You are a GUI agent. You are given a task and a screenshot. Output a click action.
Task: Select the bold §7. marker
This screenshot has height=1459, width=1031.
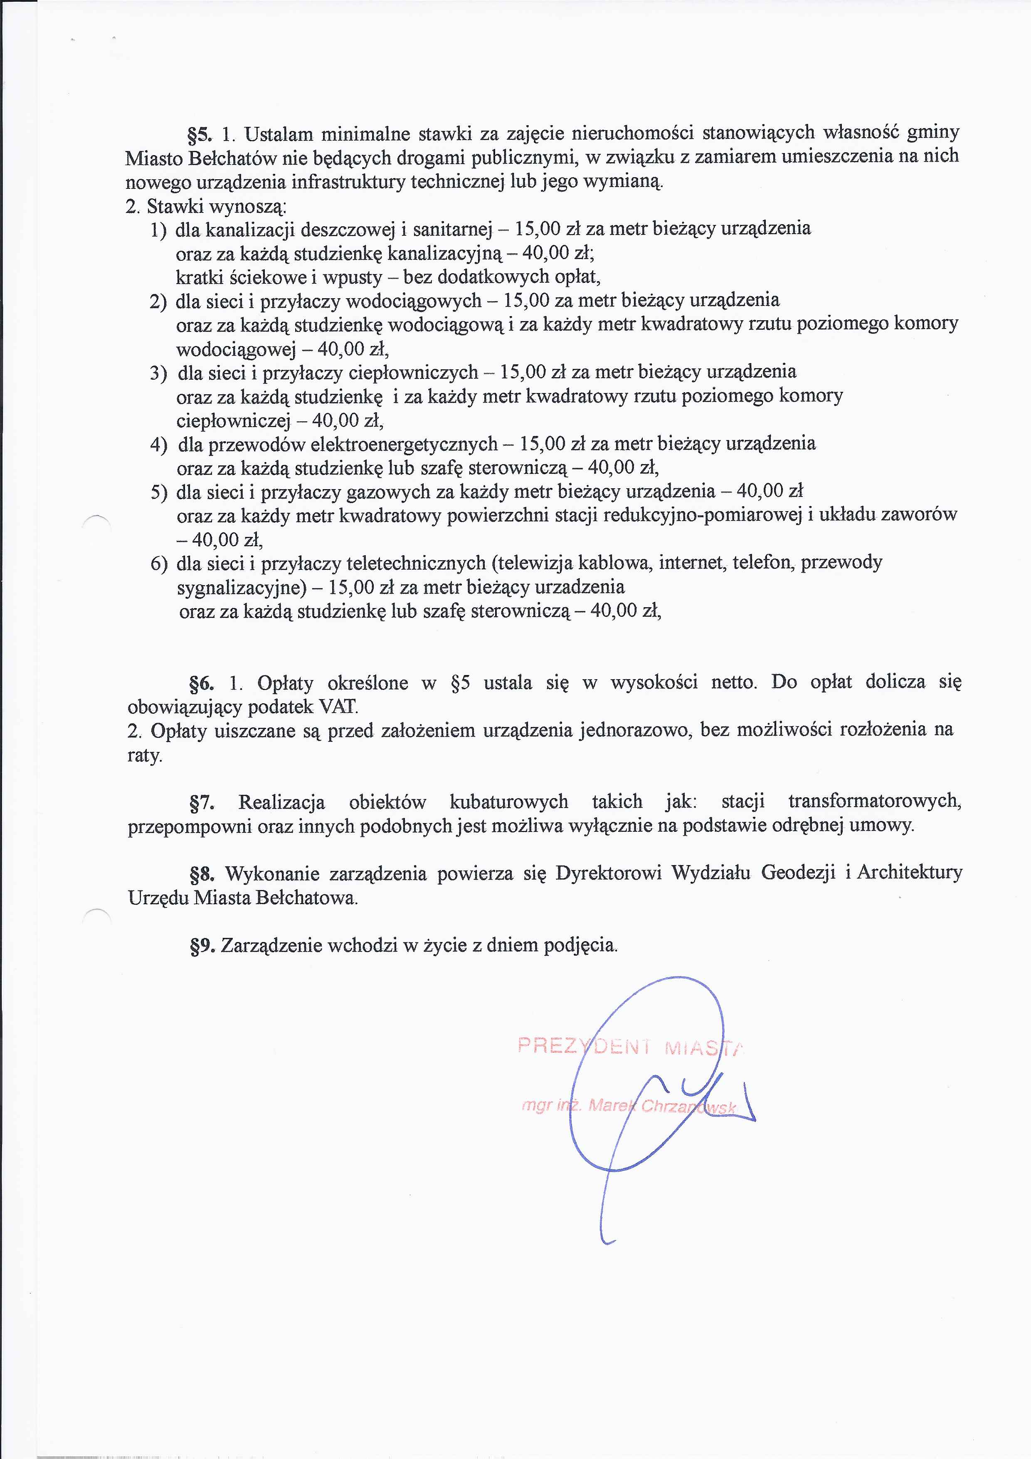point(201,803)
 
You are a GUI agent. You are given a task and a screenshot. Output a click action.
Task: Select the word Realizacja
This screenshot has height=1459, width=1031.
point(281,803)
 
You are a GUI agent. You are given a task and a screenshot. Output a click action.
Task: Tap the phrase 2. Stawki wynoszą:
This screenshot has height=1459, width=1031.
point(207,207)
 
